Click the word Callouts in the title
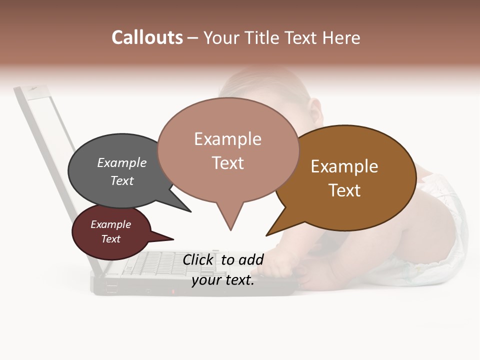(147, 38)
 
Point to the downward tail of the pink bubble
(230, 220)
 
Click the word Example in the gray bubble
(122, 163)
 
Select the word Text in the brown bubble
(344, 190)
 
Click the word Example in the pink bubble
(228, 139)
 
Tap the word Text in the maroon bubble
(111, 239)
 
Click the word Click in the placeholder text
(197, 259)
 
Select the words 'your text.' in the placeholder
(223, 280)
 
